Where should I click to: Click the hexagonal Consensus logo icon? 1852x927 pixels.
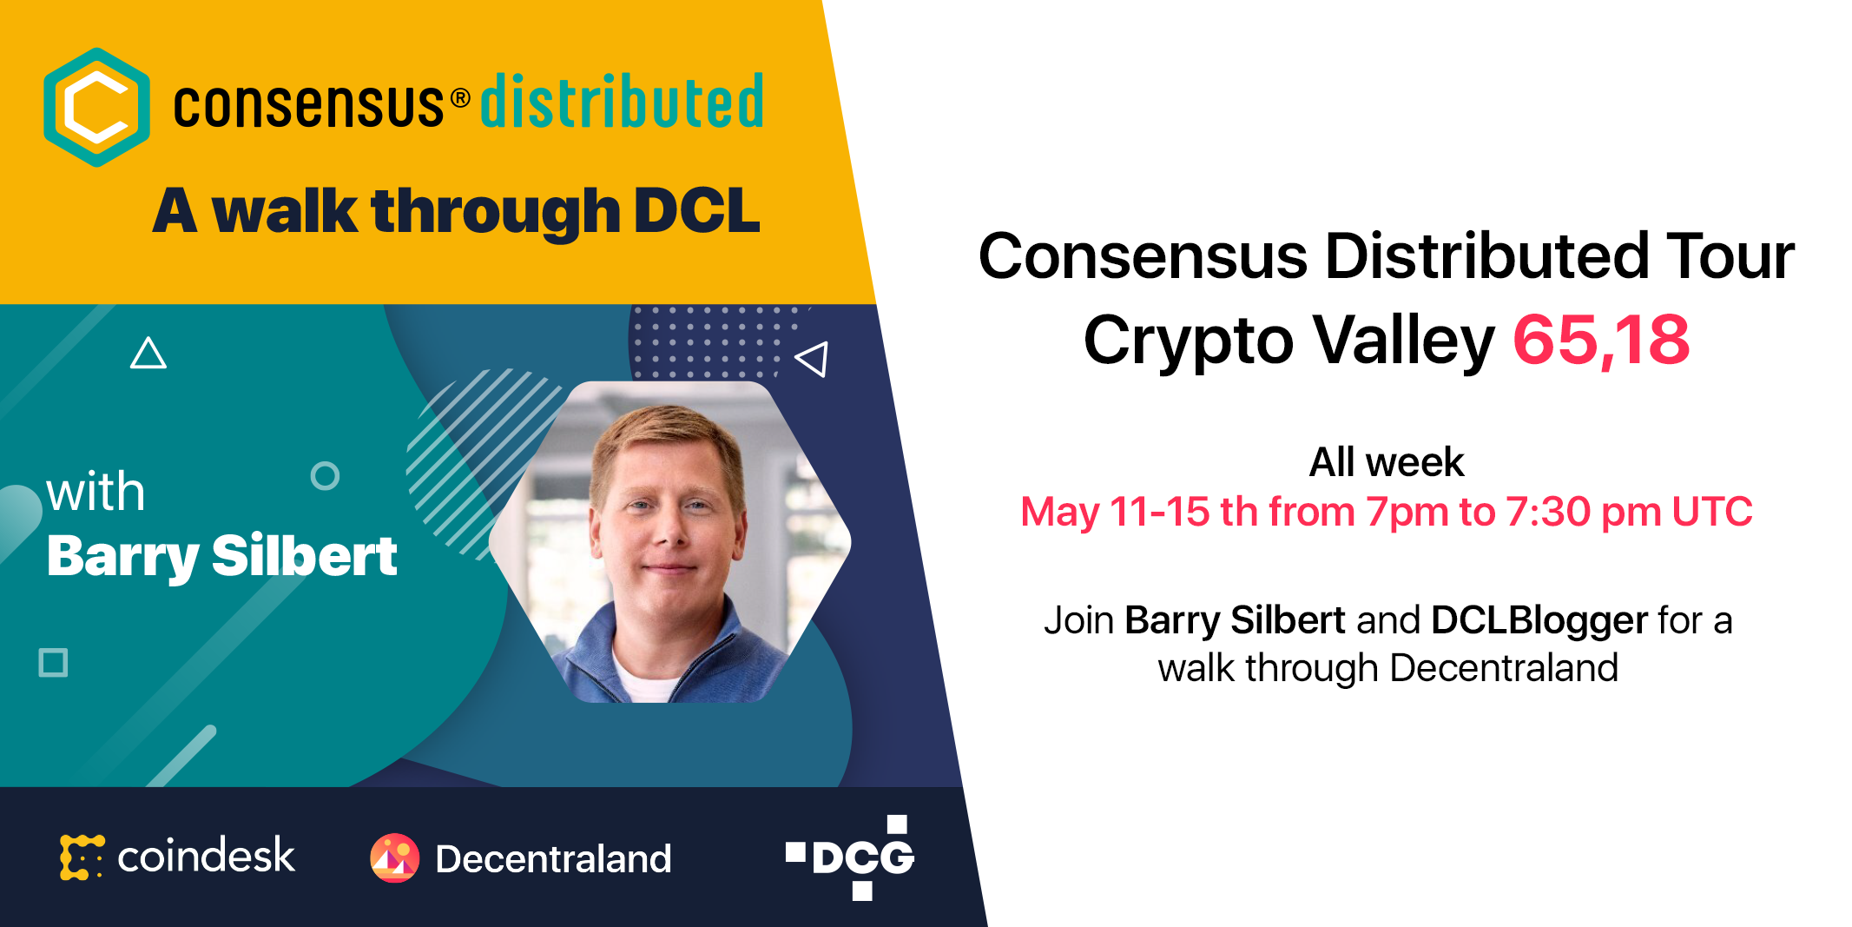[x=96, y=107]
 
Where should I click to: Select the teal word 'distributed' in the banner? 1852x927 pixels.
[x=622, y=102]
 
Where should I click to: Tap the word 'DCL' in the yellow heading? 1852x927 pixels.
[x=697, y=211]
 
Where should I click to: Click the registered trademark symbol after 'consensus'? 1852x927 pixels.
[x=461, y=98]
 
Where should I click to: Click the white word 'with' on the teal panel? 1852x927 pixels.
[x=96, y=493]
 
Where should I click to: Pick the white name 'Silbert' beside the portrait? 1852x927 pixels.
[x=305, y=556]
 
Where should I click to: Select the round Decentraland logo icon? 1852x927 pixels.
[x=394, y=858]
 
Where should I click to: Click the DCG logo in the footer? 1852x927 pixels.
[x=851, y=857]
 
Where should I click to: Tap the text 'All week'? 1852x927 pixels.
[x=1387, y=462]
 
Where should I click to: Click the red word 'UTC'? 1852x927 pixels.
[x=1712, y=512]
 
